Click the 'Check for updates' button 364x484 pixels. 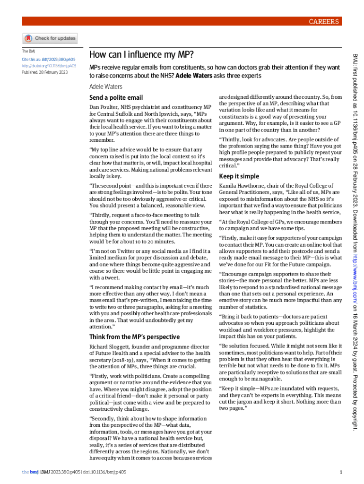[x=50, y=38]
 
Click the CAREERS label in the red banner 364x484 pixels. [x=324, y=21]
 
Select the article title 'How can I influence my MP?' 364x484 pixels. [x=141, y=54]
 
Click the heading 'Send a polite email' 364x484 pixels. [x=116, y=98]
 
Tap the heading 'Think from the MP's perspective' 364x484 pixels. [x=134, y=337]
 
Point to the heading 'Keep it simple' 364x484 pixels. [x=239, y=176]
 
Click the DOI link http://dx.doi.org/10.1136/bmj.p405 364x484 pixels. [x=49, y=66]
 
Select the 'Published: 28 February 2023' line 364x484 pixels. [x=44, y=72]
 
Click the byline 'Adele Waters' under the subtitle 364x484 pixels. [x=105, y=86]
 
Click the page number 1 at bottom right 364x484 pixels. [x=340, y=472]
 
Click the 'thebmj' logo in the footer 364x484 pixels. [x=30, y=472]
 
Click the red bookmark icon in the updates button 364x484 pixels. [x=28, y=38]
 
